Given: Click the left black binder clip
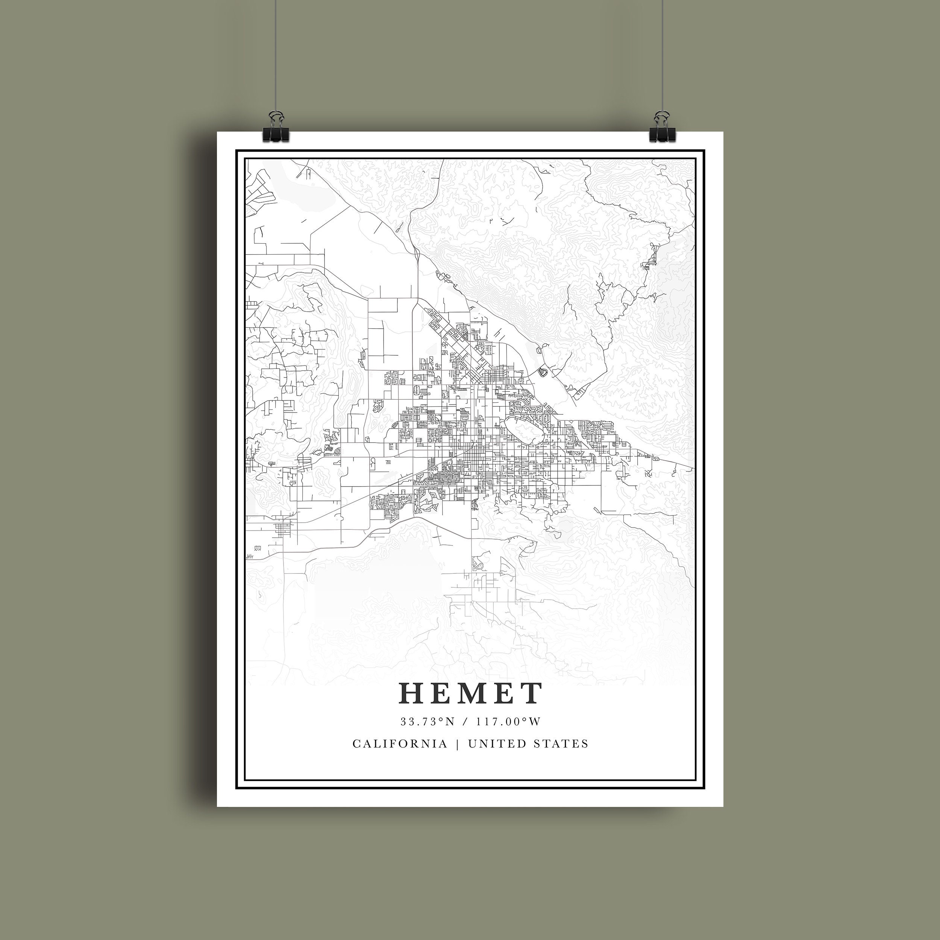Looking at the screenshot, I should coord(275,130).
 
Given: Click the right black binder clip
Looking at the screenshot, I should coord(661,130).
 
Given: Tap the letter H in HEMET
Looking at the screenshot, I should coord(412,693).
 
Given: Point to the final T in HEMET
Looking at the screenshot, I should coord(531,693).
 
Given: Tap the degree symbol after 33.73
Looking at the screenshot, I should coord(440,719).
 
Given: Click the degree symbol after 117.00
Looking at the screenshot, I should coord(524,719).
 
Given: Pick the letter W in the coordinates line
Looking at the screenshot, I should coord(534,722).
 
